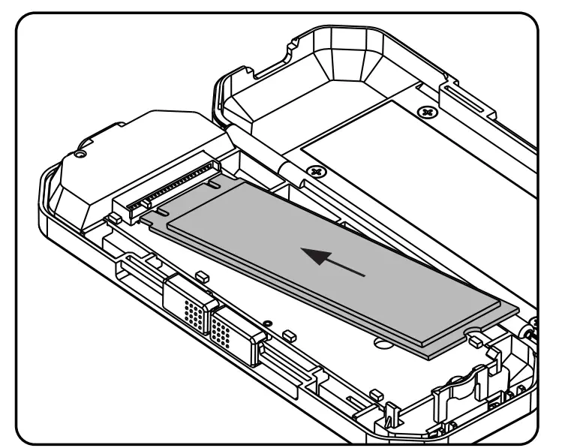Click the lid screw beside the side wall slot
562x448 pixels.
[x=428, y=113]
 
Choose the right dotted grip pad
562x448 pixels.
[x=226, y=327]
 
